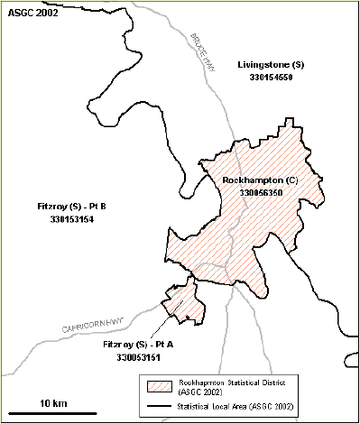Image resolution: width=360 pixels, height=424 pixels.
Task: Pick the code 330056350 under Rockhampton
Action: tap(263, 193)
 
